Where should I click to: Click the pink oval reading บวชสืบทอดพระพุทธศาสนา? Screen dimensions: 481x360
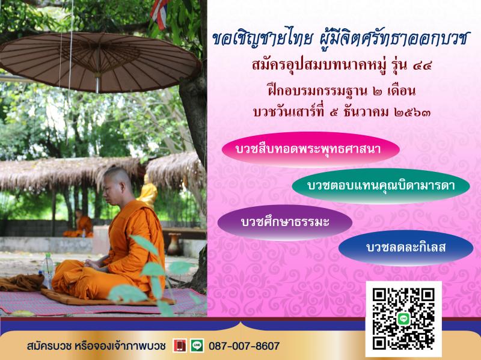[310, 149]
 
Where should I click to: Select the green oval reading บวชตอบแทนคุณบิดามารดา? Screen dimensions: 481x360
[381, 186]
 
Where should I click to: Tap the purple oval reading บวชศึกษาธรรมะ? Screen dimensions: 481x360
[284, 222]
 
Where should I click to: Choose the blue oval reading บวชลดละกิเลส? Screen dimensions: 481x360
[405, 248]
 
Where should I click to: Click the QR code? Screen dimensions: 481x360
[403, 319]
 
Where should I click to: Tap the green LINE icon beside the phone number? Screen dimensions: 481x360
[197, 346]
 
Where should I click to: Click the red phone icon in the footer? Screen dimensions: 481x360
[179, 346]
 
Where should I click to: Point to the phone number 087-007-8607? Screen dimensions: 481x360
[244, 346]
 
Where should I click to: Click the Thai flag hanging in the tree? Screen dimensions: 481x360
[159, 13]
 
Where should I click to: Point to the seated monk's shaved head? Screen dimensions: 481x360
[117, 181]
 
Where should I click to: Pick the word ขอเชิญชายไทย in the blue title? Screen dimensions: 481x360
[263, 39]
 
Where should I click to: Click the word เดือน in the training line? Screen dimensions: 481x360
[401, 91]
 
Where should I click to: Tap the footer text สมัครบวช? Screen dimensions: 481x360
[49, 346]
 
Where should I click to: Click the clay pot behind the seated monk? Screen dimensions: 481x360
[175, 244]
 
